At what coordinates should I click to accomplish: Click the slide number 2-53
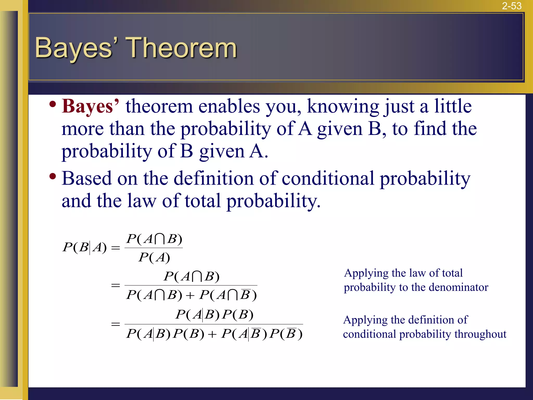coord(511,6)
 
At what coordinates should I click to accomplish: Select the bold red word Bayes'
coord(90,107)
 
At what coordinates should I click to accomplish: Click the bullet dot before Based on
coord(53,176)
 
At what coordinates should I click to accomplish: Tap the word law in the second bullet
coord(142,201)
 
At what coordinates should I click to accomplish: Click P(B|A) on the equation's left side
coord(85,247)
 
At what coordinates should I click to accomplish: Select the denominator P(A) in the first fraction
coord(154,258)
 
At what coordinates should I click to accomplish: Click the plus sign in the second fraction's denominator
coord(190,295)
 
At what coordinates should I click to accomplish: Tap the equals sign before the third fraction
coord(115,324)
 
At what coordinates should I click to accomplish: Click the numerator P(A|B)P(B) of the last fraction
coord(214,314)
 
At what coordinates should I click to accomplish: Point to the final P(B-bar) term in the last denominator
coord(286,333)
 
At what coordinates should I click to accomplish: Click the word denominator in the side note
coord(458,287)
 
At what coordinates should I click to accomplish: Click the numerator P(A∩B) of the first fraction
coord(154,239)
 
